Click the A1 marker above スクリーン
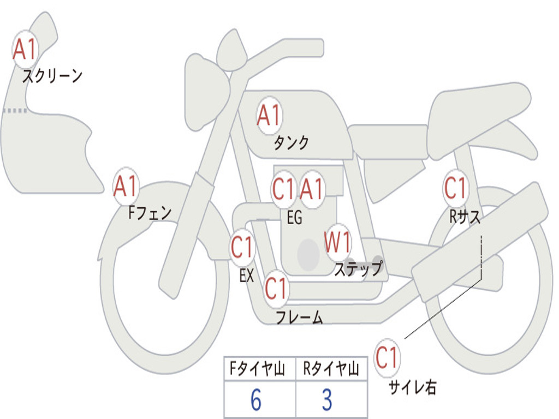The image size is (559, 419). pyautogui.click(x=25, y=50)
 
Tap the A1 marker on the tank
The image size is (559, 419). pyautogui.click(x=269, y=116)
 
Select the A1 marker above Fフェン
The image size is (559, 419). pyautogui.click(x=126, y=187)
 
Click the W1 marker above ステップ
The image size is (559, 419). pyautogui.click(x=338, y=242)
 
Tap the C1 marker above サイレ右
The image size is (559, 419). pyautogui.click(x=387, y=358)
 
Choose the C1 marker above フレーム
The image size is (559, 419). pyautogui.click(x=276, y=288)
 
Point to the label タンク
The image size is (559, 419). pyautogui.click(x=291, y=143)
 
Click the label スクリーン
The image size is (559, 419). pyautogui.click(x=52, y=76)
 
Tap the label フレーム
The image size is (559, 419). pyautogui.click(x=299, y=318)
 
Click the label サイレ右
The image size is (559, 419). pyautogui.click(x=412, y=387)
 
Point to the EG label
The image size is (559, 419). pyautogui.click(x=294, y=218)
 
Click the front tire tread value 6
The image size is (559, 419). pyautogui.click(x=255, y=400)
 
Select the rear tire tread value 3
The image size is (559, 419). pyautogui.click(x=326, y=400)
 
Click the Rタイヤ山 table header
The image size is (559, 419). pyautogui.click(x=330, y=370)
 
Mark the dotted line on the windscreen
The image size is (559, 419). pyautogui.click(x=15, y=111)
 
